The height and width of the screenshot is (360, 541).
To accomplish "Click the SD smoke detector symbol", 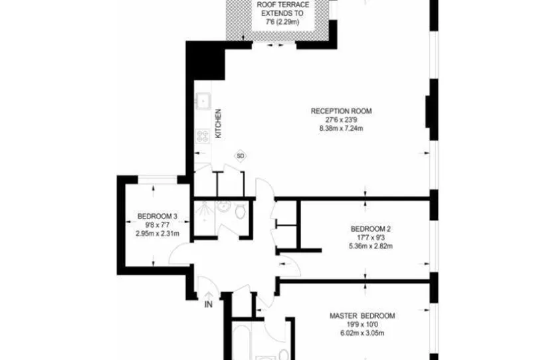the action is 241,156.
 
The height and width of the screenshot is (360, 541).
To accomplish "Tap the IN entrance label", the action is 209,304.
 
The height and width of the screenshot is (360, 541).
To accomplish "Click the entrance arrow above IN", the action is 209,296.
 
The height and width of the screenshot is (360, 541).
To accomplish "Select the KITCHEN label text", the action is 218,124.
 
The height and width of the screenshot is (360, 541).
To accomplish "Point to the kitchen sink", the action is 203,101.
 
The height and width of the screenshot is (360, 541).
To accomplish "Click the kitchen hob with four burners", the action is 203,135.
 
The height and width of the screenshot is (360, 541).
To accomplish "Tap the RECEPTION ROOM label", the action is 341,111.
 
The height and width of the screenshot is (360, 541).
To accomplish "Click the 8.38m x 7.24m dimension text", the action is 341,129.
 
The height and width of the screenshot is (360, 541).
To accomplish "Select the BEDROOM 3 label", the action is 158,217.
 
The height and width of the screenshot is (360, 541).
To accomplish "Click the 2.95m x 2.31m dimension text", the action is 158,233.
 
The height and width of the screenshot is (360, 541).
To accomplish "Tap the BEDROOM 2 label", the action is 371,228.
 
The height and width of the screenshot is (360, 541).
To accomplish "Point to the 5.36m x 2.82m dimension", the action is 371,246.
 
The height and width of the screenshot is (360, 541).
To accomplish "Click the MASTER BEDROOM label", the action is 362,316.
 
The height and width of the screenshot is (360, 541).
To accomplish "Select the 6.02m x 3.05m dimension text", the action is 362,333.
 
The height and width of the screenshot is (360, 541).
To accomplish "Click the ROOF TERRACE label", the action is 283,5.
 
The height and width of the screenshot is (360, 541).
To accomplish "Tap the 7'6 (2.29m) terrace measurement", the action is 282,22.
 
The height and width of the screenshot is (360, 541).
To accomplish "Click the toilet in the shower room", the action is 240,211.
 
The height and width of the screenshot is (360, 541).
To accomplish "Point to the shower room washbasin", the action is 223,206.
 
